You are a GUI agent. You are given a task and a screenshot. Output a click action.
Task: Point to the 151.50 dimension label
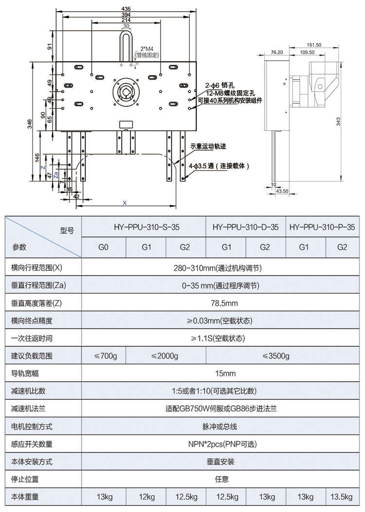click(314, 45)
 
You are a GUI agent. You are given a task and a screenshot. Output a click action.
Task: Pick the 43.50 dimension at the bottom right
click(282, 191)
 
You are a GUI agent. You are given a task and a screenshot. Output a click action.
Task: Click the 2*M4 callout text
click(146, 49)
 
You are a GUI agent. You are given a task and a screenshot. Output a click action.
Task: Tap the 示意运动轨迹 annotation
click(208, 146)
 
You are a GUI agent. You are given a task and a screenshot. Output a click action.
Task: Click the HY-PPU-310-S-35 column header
click(144, 227)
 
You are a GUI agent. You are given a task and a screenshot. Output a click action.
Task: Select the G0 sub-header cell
click(103, 247)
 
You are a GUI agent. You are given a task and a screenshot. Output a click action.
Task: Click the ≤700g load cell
click(106, 356)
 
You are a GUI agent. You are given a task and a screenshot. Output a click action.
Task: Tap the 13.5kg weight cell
click(342, 497)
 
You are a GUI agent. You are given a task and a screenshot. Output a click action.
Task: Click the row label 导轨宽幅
click(25, 374)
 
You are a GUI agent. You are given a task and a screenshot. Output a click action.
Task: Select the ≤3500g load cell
click(275, 356)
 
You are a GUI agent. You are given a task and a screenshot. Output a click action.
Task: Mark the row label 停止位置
click(25, 479)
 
